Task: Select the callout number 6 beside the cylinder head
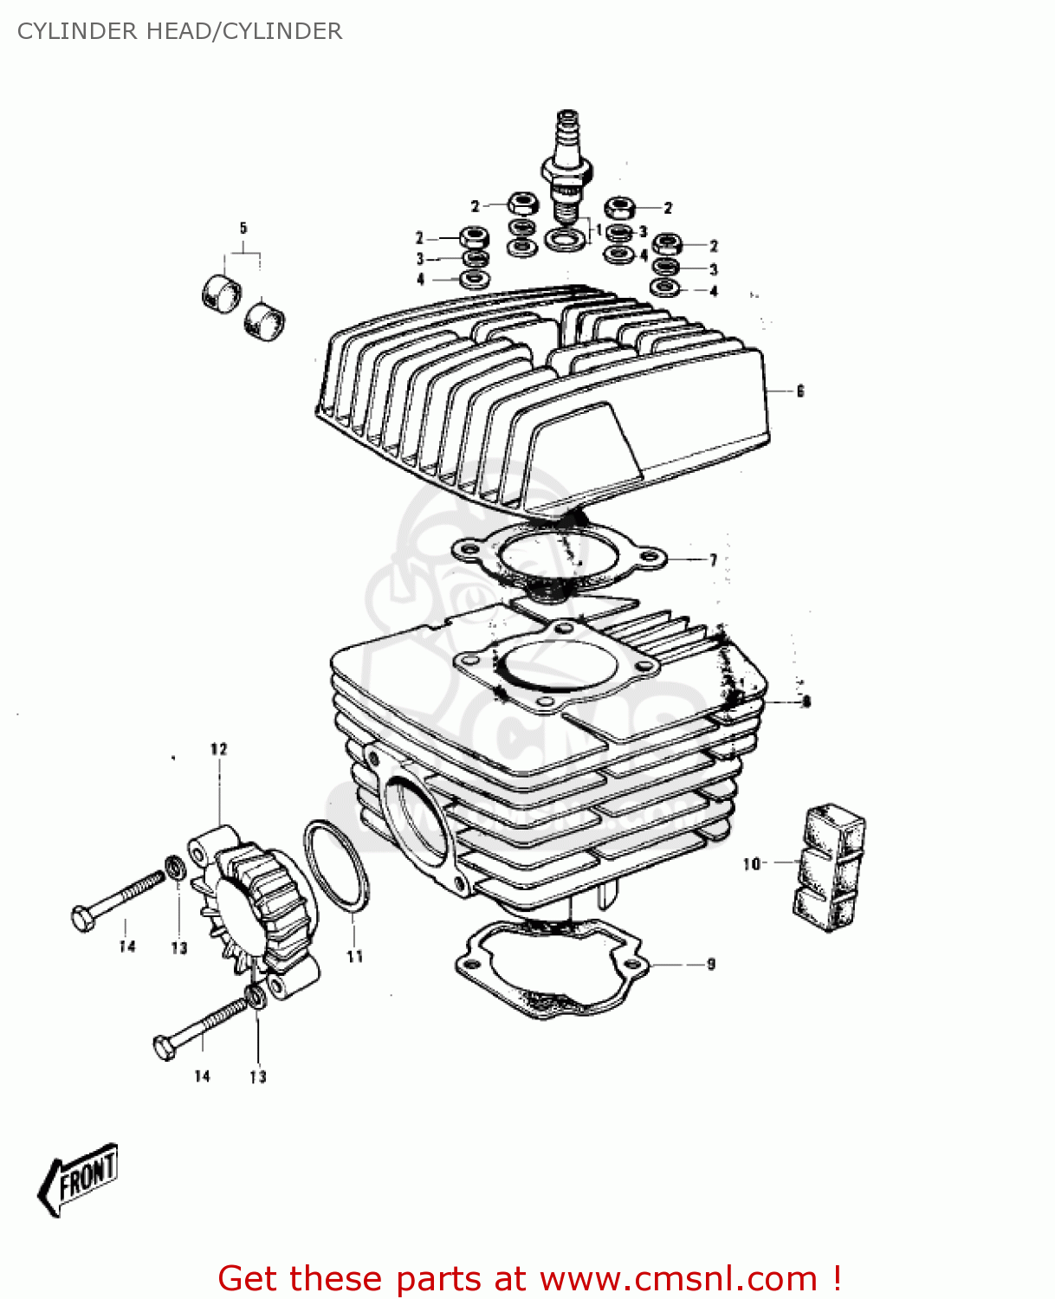click(799, 391)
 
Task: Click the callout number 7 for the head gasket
click(713, 560)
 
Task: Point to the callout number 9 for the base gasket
click(710, 964)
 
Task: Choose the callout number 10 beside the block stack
click(750, 863)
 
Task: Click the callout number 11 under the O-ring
click(354, 956)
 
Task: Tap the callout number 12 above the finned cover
click(218, 749)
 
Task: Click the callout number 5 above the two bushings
click(243, 229)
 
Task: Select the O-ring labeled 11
click(336, 866)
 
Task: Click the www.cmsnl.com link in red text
click(677, 1278)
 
